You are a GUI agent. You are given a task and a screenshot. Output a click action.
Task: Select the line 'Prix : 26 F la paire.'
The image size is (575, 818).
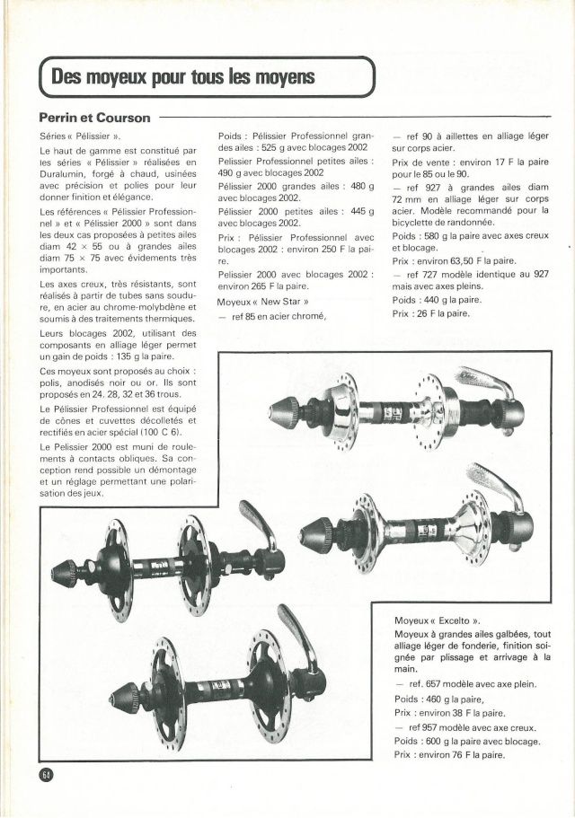(430, 313)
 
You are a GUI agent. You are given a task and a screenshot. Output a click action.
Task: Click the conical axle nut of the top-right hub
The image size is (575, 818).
(273, 412)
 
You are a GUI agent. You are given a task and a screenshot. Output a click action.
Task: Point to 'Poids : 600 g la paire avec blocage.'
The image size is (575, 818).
(466, 742)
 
